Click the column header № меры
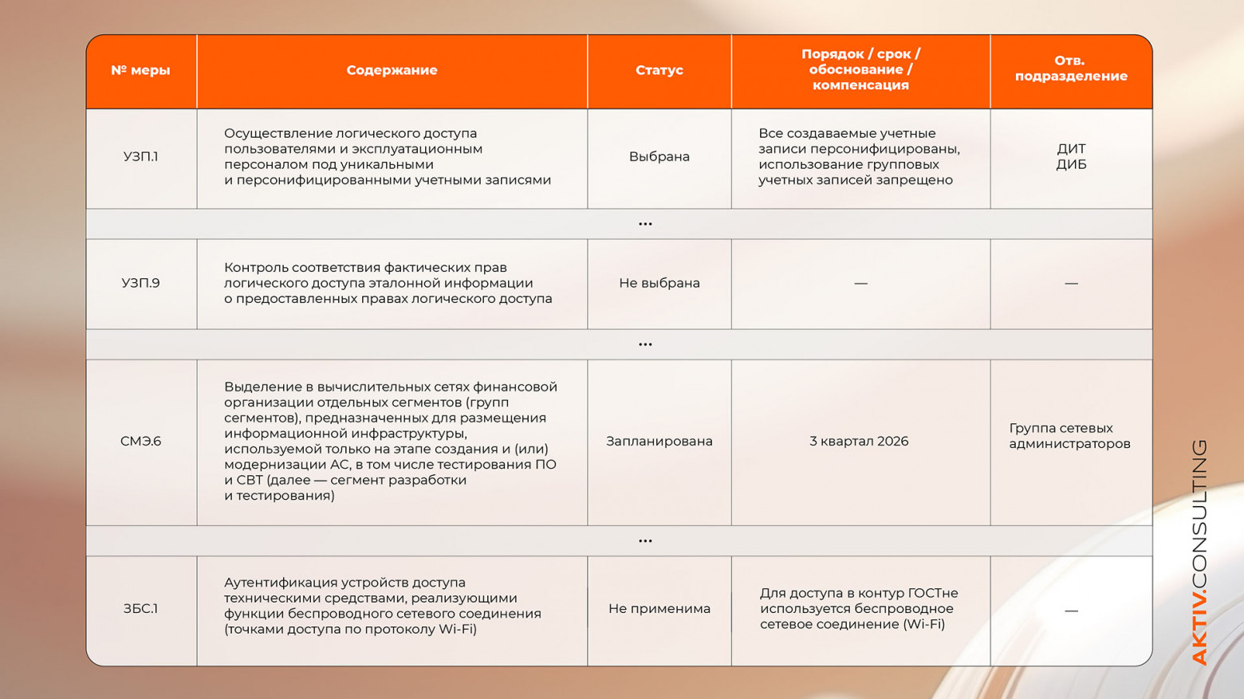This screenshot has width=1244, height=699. point(140,70)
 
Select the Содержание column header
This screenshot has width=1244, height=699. point(392,70)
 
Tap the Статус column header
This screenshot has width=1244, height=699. point(659,70)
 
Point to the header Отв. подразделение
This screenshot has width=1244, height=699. point(1070,69)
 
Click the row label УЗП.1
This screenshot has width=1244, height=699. point(140,156)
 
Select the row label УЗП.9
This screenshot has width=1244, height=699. point(140,283)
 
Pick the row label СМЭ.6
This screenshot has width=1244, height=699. point(140,441)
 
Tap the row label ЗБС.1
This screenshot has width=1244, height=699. point(140,608)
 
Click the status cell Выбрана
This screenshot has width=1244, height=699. point(659,156)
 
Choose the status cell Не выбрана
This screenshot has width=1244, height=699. point(659,283)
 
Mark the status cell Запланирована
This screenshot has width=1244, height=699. point(659,441)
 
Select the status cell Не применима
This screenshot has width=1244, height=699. point(659,608)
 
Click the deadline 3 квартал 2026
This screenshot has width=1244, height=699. point(859,441)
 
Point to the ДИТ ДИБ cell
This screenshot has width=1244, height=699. point(1071,156)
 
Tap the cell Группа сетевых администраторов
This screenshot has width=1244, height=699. point(1069,436)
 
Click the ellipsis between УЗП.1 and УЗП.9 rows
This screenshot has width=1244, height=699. point(645,224)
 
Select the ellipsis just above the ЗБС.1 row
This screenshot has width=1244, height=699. point(645,540)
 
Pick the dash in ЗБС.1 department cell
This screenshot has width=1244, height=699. point(1071,611)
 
